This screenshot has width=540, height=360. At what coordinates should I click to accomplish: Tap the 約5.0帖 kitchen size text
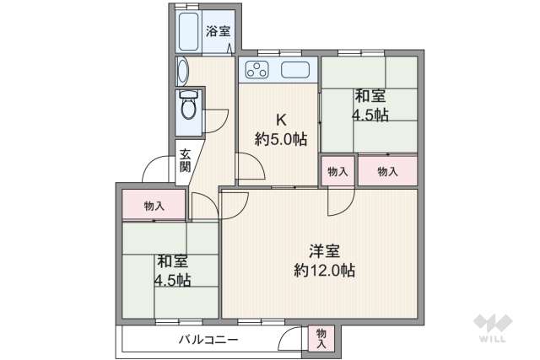281,139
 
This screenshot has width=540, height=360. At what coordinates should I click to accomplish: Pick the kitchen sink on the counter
295,70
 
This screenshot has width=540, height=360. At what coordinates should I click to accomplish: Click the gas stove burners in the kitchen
255,69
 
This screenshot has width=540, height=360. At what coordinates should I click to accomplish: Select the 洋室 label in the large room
325,250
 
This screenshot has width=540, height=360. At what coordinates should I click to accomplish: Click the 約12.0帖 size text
325,271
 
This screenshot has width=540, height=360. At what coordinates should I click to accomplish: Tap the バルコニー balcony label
208,340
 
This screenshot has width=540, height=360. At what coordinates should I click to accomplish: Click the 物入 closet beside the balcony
321,338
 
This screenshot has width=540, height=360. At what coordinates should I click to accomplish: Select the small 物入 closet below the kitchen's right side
337,172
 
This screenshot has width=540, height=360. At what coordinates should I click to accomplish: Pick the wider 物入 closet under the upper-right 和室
387,172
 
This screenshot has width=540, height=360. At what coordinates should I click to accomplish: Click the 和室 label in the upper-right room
370,96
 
